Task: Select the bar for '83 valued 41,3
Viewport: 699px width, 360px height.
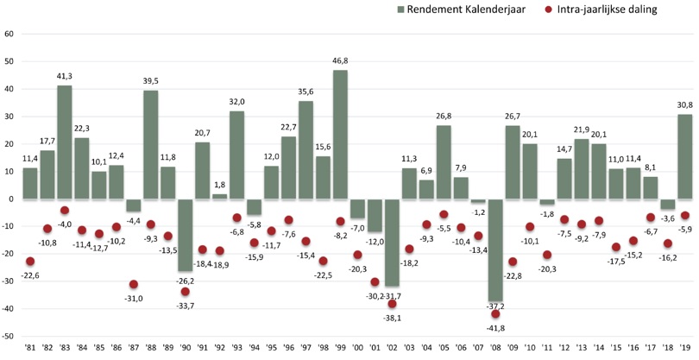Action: click(64, 142)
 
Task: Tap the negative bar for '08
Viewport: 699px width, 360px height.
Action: click(495, 249)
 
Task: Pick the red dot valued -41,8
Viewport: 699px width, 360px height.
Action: click(495, 314)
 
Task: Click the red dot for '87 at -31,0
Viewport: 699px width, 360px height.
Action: click(134, 285)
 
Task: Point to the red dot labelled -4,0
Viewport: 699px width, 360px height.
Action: click(64, 211)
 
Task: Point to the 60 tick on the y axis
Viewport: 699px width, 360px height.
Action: click(9, 34)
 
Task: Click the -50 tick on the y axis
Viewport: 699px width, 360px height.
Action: click(9, 336)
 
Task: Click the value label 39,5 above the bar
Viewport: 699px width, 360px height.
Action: click(150, 81)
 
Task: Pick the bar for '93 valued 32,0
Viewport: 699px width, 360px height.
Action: click(236, 155)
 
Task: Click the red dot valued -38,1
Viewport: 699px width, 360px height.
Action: click(392, 304)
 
